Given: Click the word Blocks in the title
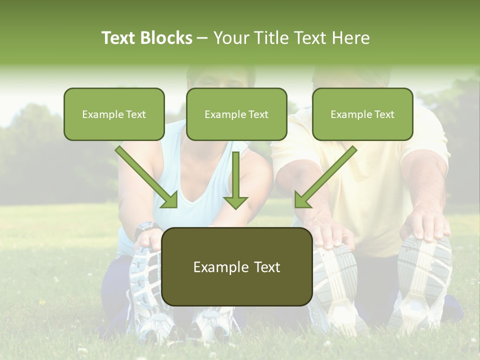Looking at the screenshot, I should [166, 38].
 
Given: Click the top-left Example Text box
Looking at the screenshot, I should [114, 114].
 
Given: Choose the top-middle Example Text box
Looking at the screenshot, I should [236, 114].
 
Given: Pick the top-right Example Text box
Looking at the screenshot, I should [362, 114].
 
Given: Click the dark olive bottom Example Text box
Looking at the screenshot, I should [236, 266].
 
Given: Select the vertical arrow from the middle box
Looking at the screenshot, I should [236, 177].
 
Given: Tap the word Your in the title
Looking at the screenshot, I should [231, 38].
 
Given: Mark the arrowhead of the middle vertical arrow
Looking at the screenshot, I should [236, 201].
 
